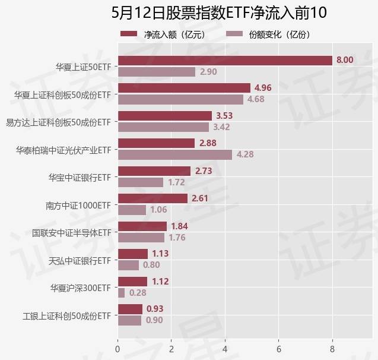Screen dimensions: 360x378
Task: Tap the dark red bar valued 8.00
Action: (x=225, y=60)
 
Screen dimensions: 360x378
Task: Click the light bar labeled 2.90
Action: (x=157, y=72)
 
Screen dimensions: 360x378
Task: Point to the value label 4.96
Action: (x=263, y=88)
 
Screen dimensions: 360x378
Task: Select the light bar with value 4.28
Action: (x=175, y=154)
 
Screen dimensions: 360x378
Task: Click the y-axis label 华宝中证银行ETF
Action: (x=80, y=178)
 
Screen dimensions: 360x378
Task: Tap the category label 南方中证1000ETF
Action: (x=78, y=206)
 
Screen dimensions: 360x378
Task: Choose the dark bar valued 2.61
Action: (x=153, y=198)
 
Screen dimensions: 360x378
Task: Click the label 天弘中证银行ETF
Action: (x=80, y=260)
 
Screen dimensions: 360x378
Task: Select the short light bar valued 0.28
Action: (x=122, y=293)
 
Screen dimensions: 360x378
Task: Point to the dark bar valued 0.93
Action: (x=131, y=309)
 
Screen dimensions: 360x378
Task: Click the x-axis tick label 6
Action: (x=279, y=349)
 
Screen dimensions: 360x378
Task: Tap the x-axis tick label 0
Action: (x=118, y=349)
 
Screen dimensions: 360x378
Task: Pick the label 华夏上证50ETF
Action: (x=84, y=67)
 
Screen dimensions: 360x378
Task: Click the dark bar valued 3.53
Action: (x=165, y=115)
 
